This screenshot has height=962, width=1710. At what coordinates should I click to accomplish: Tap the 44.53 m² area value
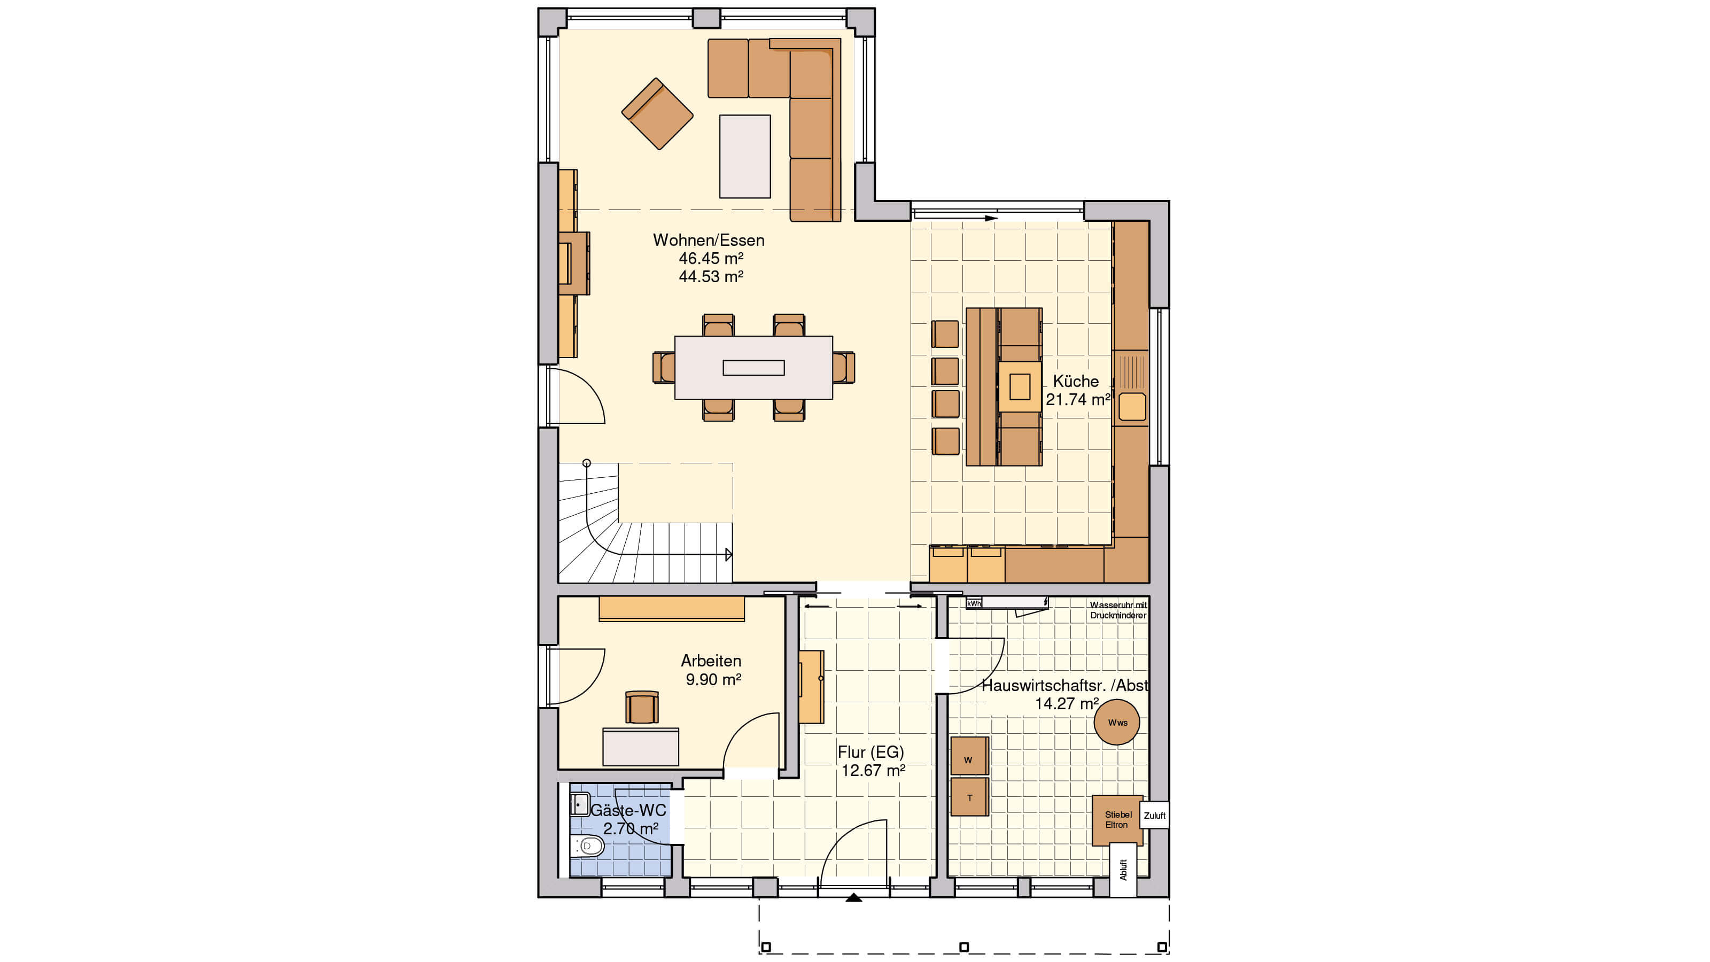(710, 276)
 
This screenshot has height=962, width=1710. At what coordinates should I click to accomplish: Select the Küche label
(1075, 381)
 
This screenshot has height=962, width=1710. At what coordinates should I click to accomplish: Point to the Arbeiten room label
(710, 661)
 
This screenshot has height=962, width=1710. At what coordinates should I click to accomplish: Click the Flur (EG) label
(870, 752)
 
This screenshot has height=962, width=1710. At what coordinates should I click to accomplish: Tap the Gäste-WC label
(628, 811)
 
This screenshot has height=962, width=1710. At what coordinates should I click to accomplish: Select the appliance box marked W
(969, 756)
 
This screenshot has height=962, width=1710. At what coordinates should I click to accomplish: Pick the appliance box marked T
(969, 797)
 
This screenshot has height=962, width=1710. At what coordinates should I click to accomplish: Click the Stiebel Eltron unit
(1117, 820)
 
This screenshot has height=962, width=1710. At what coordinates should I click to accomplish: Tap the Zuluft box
(1154, 815)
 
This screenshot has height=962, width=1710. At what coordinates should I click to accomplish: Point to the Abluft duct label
(1123, 870)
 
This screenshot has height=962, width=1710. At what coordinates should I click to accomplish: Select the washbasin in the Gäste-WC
(579, 804)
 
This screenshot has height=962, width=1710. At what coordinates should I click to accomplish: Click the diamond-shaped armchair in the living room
(657, 113)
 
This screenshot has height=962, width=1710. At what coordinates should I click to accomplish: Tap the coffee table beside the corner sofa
(745, 157)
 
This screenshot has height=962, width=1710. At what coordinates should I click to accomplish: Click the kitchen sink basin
(1132, 406)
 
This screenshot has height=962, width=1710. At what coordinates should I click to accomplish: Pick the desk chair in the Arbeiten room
(641, 707)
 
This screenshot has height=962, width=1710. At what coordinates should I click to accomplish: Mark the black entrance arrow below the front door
(854, 898)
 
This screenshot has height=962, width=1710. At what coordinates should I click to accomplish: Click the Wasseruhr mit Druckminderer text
(1118, 610)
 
